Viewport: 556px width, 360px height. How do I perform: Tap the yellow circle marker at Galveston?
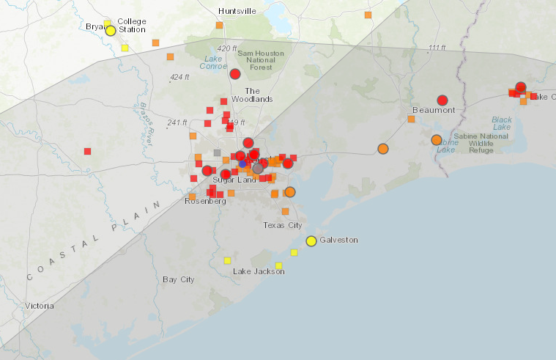coord(311,240)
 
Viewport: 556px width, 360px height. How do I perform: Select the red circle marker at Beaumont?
coord(442,100)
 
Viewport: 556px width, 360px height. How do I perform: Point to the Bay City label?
coord(178,279)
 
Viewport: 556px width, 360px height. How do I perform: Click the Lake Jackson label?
coord(258,271)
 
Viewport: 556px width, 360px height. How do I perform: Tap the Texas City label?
coord(283,225)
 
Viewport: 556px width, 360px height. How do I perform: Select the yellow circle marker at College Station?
coord(111,30)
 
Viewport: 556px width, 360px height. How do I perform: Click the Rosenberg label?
coord(204,201)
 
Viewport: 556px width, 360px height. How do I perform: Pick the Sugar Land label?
coord(234,180)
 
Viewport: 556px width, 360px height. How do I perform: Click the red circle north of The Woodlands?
coord(235,74)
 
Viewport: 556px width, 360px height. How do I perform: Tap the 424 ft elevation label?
coord(179,77)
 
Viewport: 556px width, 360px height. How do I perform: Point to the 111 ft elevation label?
coord(437,48)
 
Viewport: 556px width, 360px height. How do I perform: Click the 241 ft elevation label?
coord(177,122)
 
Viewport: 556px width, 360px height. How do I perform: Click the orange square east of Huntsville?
coord(368,15)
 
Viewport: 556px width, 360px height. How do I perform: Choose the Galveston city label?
coord(338,240)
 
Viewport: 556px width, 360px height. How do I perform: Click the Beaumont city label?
coord(434,110)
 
